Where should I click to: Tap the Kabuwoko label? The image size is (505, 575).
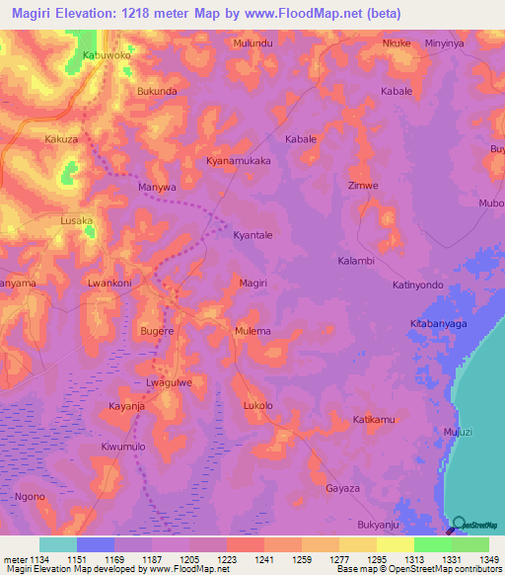tap(107, 56)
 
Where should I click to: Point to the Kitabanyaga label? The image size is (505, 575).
tap(443, 324)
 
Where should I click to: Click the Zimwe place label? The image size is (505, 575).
tap(364, 185)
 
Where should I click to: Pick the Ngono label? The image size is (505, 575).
tap(30, 496)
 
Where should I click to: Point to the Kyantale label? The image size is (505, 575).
tap(252, 235)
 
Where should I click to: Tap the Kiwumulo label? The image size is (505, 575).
tap(123, 447)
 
